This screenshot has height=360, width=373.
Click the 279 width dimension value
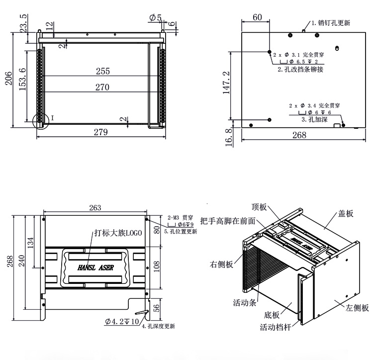(101, 132)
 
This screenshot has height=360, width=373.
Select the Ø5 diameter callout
(155, 18)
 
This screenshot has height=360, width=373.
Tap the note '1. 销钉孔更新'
(331, 23)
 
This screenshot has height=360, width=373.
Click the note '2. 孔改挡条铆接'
(300, 70)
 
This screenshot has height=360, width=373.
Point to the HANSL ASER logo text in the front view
(95, 267)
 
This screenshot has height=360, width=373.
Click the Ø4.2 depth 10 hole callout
(122, 321)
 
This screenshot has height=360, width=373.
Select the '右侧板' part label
(221, 265)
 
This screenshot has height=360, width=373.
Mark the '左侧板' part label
(357, 308)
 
